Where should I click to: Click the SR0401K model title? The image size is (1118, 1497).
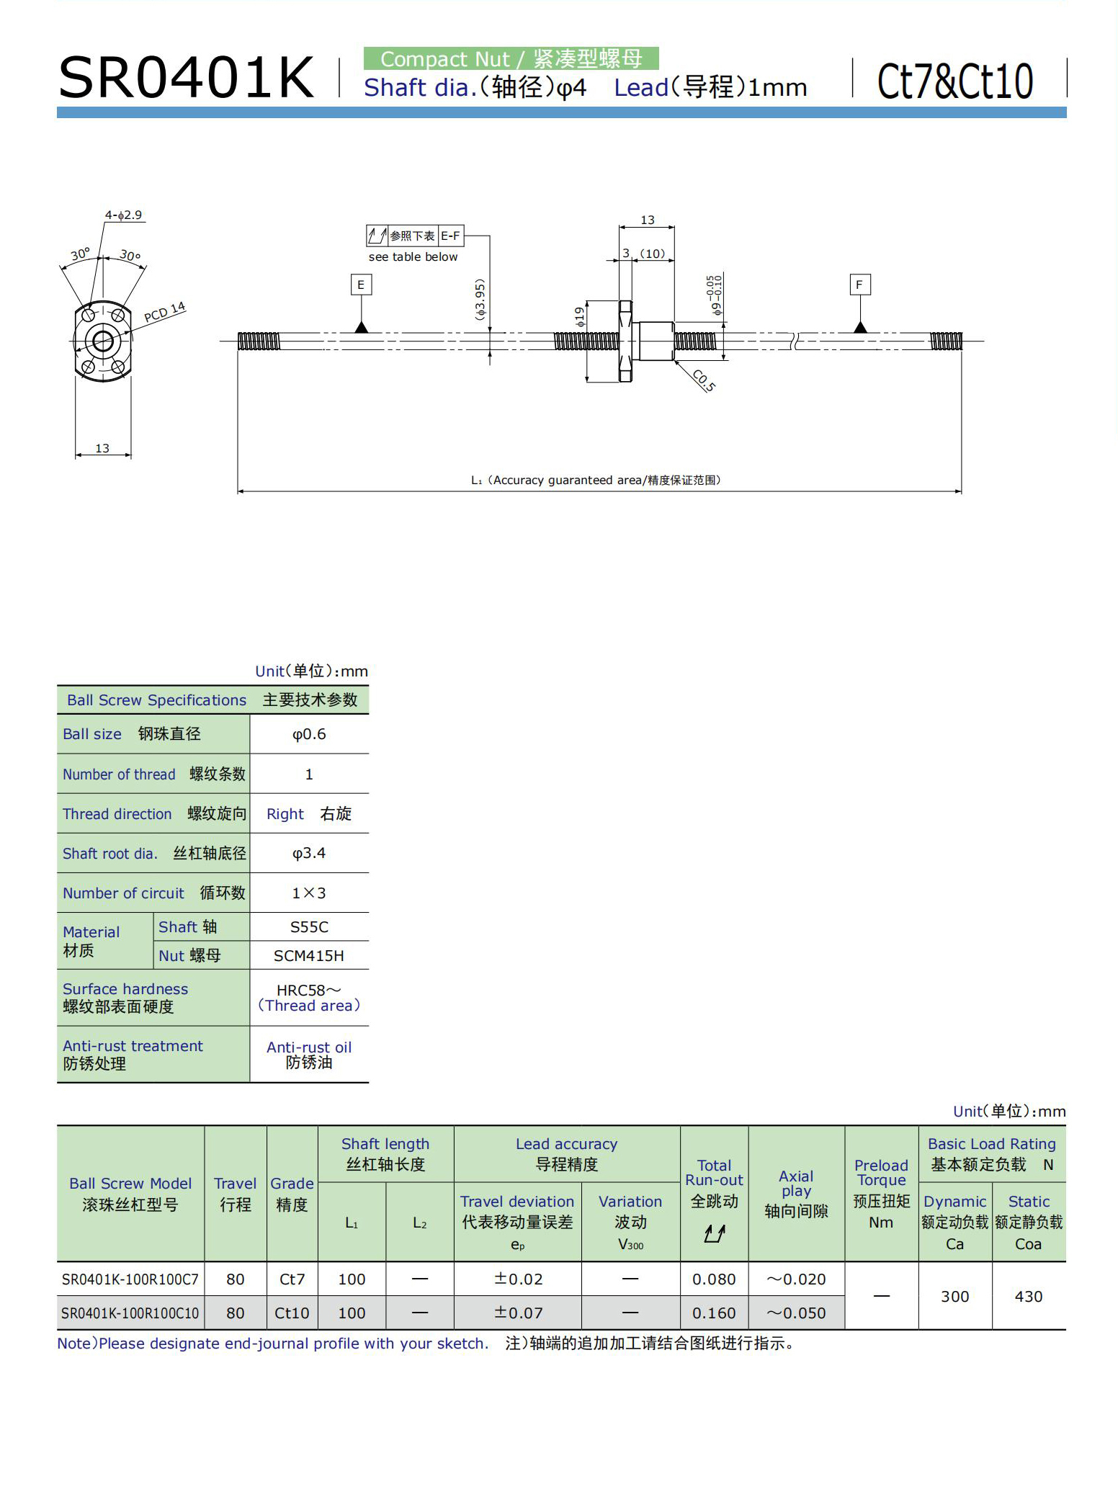[x=186, y=78]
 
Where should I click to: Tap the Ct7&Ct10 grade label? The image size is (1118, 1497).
[x=955, y=81]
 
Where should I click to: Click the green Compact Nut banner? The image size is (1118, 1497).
[x=511, y=58]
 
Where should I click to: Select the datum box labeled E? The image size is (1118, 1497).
[x=361, y=285]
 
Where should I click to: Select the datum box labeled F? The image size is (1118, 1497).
[x=859, y=285]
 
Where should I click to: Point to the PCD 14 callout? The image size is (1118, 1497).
[x=165, y=313]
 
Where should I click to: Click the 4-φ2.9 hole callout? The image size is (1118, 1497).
[x=123, y=215]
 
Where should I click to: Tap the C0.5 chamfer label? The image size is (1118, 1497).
[x=704, y=380]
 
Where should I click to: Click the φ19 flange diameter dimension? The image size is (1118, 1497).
[x=580, y=317]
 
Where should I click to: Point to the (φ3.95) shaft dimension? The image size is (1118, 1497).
[x=480, y=300]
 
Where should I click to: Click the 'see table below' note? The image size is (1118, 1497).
[x=413, y=257]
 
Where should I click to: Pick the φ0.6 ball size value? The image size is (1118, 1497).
[x=309, y=734]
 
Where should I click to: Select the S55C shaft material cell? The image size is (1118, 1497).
[x=309, y=927]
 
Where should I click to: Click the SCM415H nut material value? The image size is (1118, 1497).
[x=309, y=956]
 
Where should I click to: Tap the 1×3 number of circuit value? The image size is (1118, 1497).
[x=309, y=893]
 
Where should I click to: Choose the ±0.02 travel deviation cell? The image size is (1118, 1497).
[x=518, y=1279]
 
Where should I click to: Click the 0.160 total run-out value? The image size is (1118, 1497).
[x=714, y=1313]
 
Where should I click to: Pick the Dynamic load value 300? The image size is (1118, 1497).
[x=955, y=1297]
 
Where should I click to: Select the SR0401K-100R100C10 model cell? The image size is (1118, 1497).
[x=130, y=1313]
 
